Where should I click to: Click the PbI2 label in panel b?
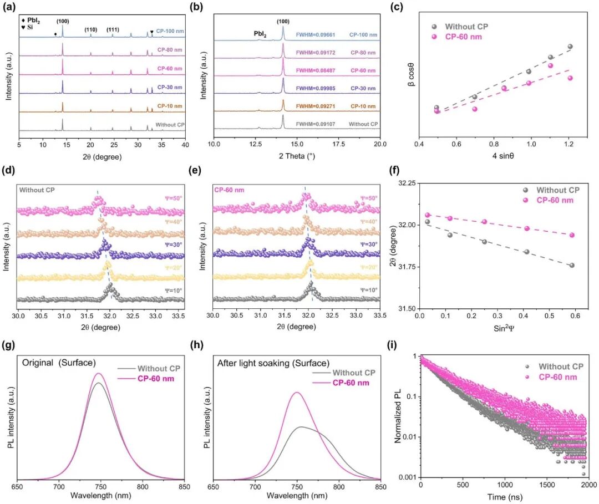point(260,34)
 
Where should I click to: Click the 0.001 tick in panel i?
point(409,477)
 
